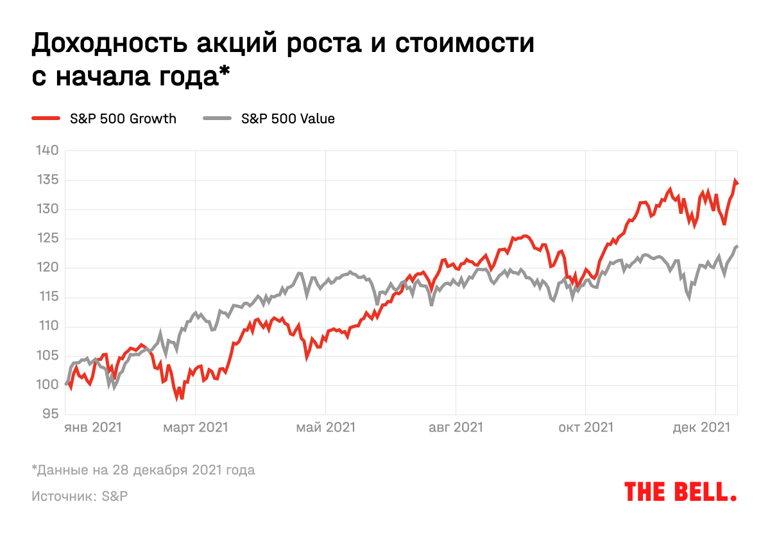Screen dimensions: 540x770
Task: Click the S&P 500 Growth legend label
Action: pyautogui.click(x=123, y=119)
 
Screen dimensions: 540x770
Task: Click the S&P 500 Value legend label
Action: pyautogui.click(x=287, y=119)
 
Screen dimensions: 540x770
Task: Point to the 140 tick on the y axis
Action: pyautogui.click(x=46, y=151)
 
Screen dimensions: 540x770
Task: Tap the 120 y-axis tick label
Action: pyautogui.click(x=46, y=268)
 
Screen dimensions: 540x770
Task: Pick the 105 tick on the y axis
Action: pyautogui.click(x=46, y=356)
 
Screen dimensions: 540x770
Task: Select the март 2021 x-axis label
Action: pyautogui.click(x=196, y=427)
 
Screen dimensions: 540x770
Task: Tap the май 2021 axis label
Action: pyautogui.click(x=326, y=427)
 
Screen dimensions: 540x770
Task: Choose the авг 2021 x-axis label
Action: pyautogui.click(x=456, y=427)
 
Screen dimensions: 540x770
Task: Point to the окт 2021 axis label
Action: pyautogui.click(x=585, y=427)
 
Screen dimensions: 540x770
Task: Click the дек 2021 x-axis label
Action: pyautogui.click(x=705, y=427)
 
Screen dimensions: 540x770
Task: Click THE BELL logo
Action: pyautogui.click(x=680, y=492)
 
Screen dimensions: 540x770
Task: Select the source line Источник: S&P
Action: pyautogui.click(x=79, y=497)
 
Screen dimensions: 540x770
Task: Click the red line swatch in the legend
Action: pyautogui.click(x=46, y=119)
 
